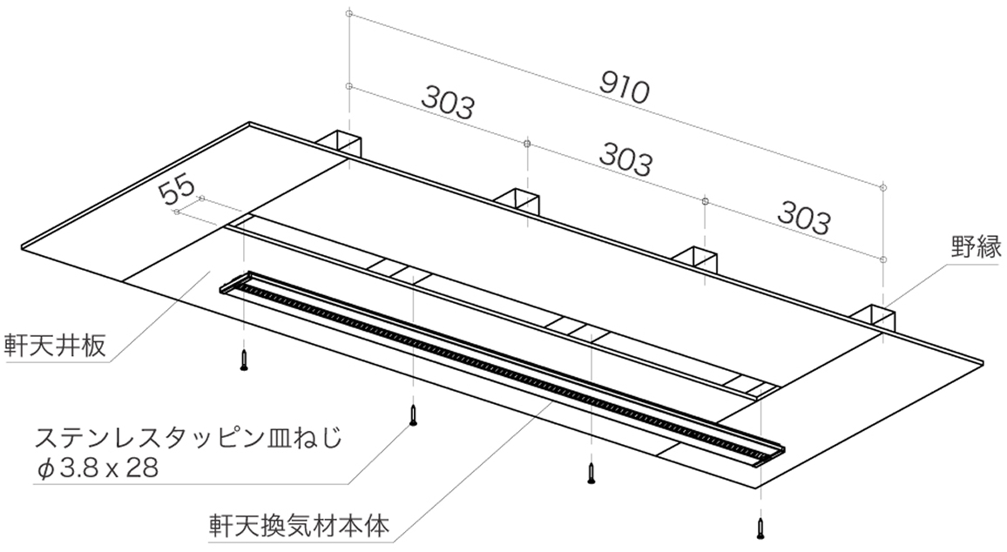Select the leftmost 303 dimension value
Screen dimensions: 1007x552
pos(449,102)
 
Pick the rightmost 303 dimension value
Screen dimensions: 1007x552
pos(804,217)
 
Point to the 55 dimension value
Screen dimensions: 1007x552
pos(176,190)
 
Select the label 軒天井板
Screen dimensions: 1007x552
pos(54,346)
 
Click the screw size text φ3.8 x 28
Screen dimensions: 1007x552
pos(98,468)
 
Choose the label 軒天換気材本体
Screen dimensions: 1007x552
pos(299,527)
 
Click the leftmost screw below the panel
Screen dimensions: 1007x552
pos(244,360)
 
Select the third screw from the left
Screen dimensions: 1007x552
pos(591,473)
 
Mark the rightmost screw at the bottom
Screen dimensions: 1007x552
pos(761,528)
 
